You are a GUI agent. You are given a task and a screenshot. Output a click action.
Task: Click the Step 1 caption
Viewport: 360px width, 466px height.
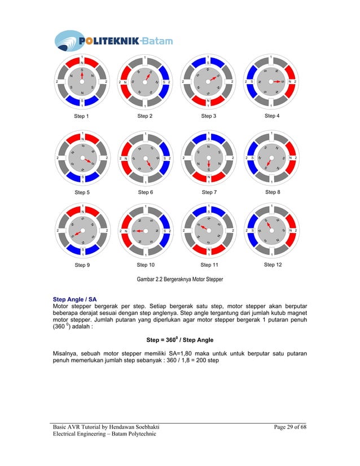(82, 116)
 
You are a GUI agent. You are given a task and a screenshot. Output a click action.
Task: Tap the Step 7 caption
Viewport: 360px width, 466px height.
(209, 192)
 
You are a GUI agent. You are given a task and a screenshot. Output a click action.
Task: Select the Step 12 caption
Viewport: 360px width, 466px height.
(273, 265)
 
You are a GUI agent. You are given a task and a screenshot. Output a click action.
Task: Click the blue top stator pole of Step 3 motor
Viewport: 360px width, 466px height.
(209, 62)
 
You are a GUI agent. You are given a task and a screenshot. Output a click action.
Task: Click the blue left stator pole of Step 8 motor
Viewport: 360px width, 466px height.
(251, 158)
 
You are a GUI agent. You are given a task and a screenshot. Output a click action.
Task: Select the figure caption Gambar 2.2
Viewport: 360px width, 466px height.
(179, 279)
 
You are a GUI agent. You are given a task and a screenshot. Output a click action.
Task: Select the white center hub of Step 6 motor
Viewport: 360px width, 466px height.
(146, 159)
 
